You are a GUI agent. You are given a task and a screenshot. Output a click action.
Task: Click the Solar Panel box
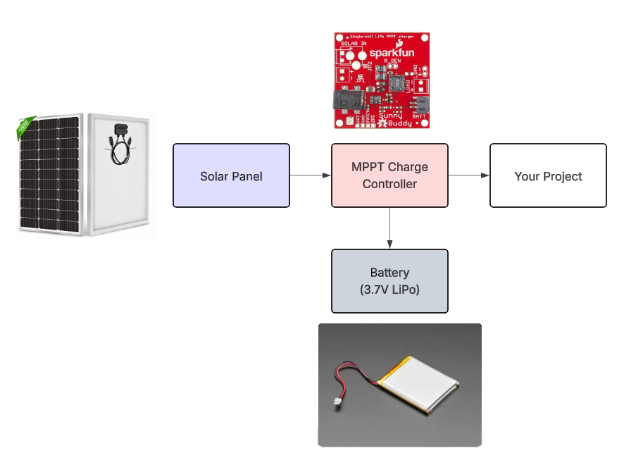[231, 175]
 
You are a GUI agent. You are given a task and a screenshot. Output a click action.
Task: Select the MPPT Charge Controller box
[389, 175]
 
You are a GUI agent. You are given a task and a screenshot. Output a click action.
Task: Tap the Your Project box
[548, 175]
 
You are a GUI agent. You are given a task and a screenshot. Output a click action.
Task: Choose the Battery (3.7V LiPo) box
[389, 281]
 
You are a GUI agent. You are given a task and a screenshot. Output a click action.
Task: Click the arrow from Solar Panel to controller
[310, 175]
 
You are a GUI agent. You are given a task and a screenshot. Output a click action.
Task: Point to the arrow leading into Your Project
[468, 175]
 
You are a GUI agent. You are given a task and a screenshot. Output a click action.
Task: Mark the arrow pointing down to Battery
[389, 228]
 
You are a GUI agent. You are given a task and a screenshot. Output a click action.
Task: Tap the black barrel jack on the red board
[347, 104]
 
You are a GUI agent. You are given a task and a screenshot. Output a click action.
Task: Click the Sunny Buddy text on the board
[392, 120]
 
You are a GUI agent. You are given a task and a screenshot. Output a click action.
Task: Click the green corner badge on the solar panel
[25, 128]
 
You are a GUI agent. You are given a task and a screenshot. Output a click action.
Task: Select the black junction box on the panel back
[118, 129]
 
